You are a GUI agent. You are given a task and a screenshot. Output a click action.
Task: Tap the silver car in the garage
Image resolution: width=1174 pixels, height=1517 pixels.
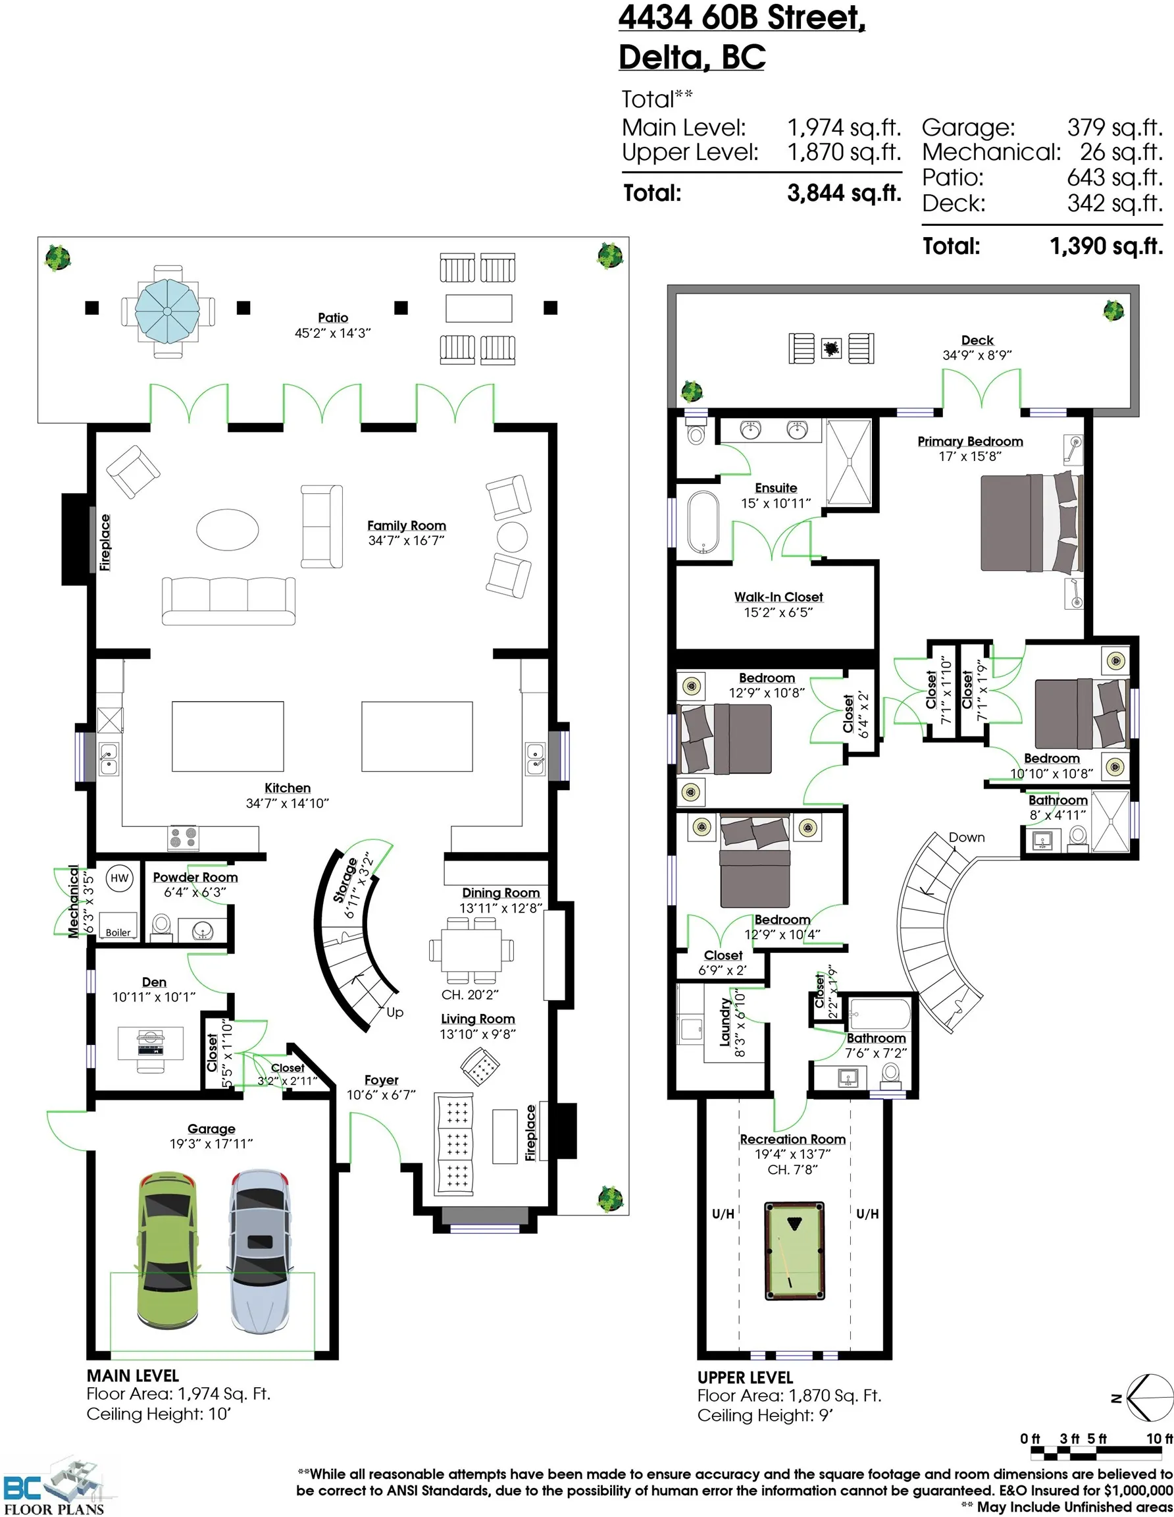pyautogui.click(x=261, y=1250)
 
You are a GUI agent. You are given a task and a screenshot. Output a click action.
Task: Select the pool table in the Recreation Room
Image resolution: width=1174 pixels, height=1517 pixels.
pyautogui.click(x=794, y=1250)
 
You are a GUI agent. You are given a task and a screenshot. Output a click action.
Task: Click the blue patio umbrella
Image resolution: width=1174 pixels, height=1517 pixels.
pyautogui.click(x=167, y=311)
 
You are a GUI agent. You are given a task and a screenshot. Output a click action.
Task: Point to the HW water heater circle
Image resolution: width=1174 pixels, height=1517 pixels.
pyautogui.click(x=119, y=878)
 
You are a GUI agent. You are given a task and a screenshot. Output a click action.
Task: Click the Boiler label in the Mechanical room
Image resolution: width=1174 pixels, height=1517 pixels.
pyautogui.click(x=118, y=932)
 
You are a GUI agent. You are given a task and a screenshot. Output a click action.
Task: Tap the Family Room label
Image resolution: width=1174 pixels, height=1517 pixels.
pyautogui.click(x=406, y=526)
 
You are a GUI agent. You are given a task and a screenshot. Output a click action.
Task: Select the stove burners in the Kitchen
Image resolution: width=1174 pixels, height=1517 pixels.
pyautogui.click(x=184, y=838)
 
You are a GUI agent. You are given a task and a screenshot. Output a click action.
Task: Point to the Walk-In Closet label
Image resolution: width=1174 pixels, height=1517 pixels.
pyautogui.click(x=778, y=597)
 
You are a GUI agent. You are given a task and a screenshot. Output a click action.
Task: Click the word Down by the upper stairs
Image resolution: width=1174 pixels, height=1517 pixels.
pyautogui.click(x=967, y=837)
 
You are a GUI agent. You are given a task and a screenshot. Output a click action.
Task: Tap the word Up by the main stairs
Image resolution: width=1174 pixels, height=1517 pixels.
pyautogui.click(x=394, y=1012)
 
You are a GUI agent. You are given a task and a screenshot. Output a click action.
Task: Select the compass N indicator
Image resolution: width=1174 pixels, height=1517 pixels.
pyautogui.click(x=1115, y=1398)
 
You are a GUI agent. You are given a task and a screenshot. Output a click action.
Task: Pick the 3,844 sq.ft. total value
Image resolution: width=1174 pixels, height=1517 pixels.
pyautogui.click(x=844, y=192)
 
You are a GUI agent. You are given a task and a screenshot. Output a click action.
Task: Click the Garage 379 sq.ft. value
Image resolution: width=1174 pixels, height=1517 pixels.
pyautogui.click(x=1114, y=127)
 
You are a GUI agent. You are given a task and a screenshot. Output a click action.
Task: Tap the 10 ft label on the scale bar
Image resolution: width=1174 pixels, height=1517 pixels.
pyautogui.click(x=1159, y=1439)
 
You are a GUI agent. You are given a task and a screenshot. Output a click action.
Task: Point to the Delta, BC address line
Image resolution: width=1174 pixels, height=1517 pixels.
pyautogui.click(x=692, y=57)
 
